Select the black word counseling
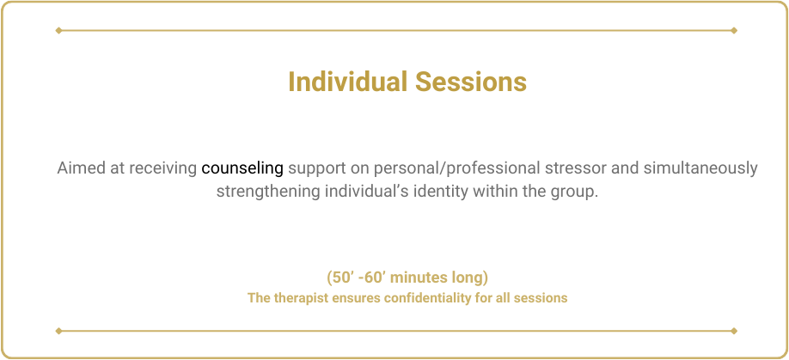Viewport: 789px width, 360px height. tap(242, 168)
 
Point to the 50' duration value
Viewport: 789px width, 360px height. tap(339, 277)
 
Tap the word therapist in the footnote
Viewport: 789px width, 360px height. tap(293, 298)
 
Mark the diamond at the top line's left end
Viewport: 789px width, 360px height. tap(58, 30)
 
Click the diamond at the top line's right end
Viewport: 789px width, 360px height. tap(734, 30)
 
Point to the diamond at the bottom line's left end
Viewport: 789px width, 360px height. tap(58, 331)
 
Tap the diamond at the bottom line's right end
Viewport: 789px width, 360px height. tap(734, 331)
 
